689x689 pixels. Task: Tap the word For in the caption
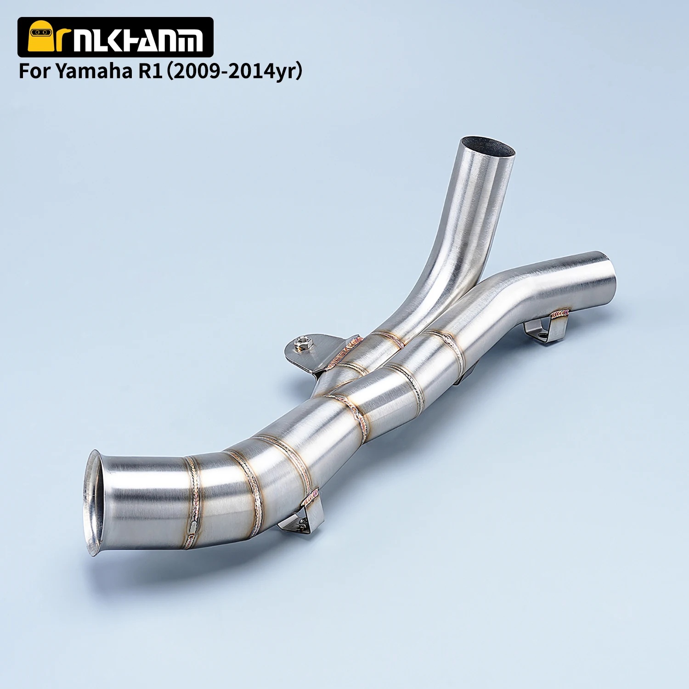tap(35, 72)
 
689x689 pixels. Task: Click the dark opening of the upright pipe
tap(487, 147)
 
